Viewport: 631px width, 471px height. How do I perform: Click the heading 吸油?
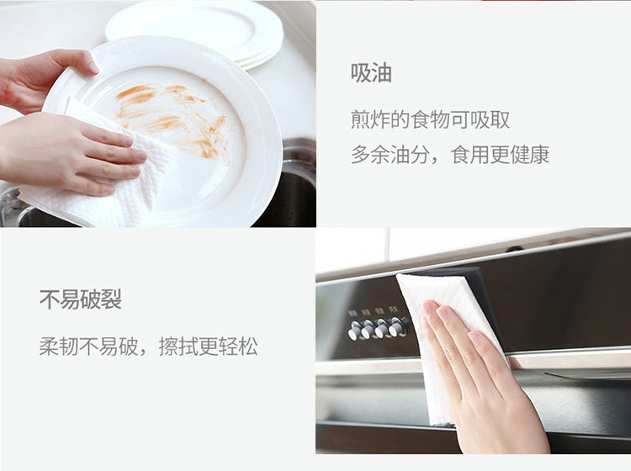(371, 73)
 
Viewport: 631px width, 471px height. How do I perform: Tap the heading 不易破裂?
(81, 299)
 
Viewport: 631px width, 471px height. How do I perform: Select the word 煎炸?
(370, 120)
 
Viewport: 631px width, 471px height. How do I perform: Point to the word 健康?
(529, 155)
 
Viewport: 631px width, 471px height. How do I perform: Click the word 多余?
(370, 155)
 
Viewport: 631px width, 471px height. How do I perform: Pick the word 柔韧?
(59, 347)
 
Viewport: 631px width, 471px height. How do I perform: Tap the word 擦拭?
(178, 347)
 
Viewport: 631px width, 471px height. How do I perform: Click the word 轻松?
(238, 347)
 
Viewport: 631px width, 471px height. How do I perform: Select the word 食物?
(430, 120)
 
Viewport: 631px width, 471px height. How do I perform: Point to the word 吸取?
(490, 120)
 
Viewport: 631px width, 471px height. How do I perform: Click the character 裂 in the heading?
(111, 299)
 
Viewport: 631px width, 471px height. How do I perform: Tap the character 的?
(400, 120)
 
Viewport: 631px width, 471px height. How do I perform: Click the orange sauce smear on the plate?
(174, 119)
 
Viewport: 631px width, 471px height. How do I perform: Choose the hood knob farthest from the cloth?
(355, 331)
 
